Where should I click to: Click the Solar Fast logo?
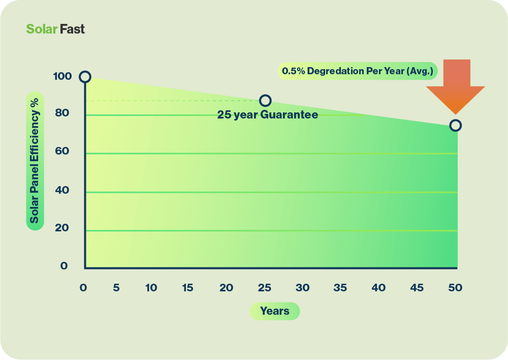click(55, 29)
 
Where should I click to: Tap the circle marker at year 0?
click(85, 77)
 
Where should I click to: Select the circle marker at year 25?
click(265, 101)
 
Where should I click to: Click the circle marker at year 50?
click(456, 125)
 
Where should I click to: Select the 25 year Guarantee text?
click(268, 115)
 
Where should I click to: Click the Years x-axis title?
click(274, 311)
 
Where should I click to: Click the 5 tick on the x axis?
click(116, 288)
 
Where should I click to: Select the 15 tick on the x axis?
click(187, 288)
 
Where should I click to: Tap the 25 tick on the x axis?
click(264, 288)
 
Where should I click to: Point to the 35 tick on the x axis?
click(340, 288)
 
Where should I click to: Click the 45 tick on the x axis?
click(417, 288)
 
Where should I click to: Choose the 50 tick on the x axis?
click(455, 288)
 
